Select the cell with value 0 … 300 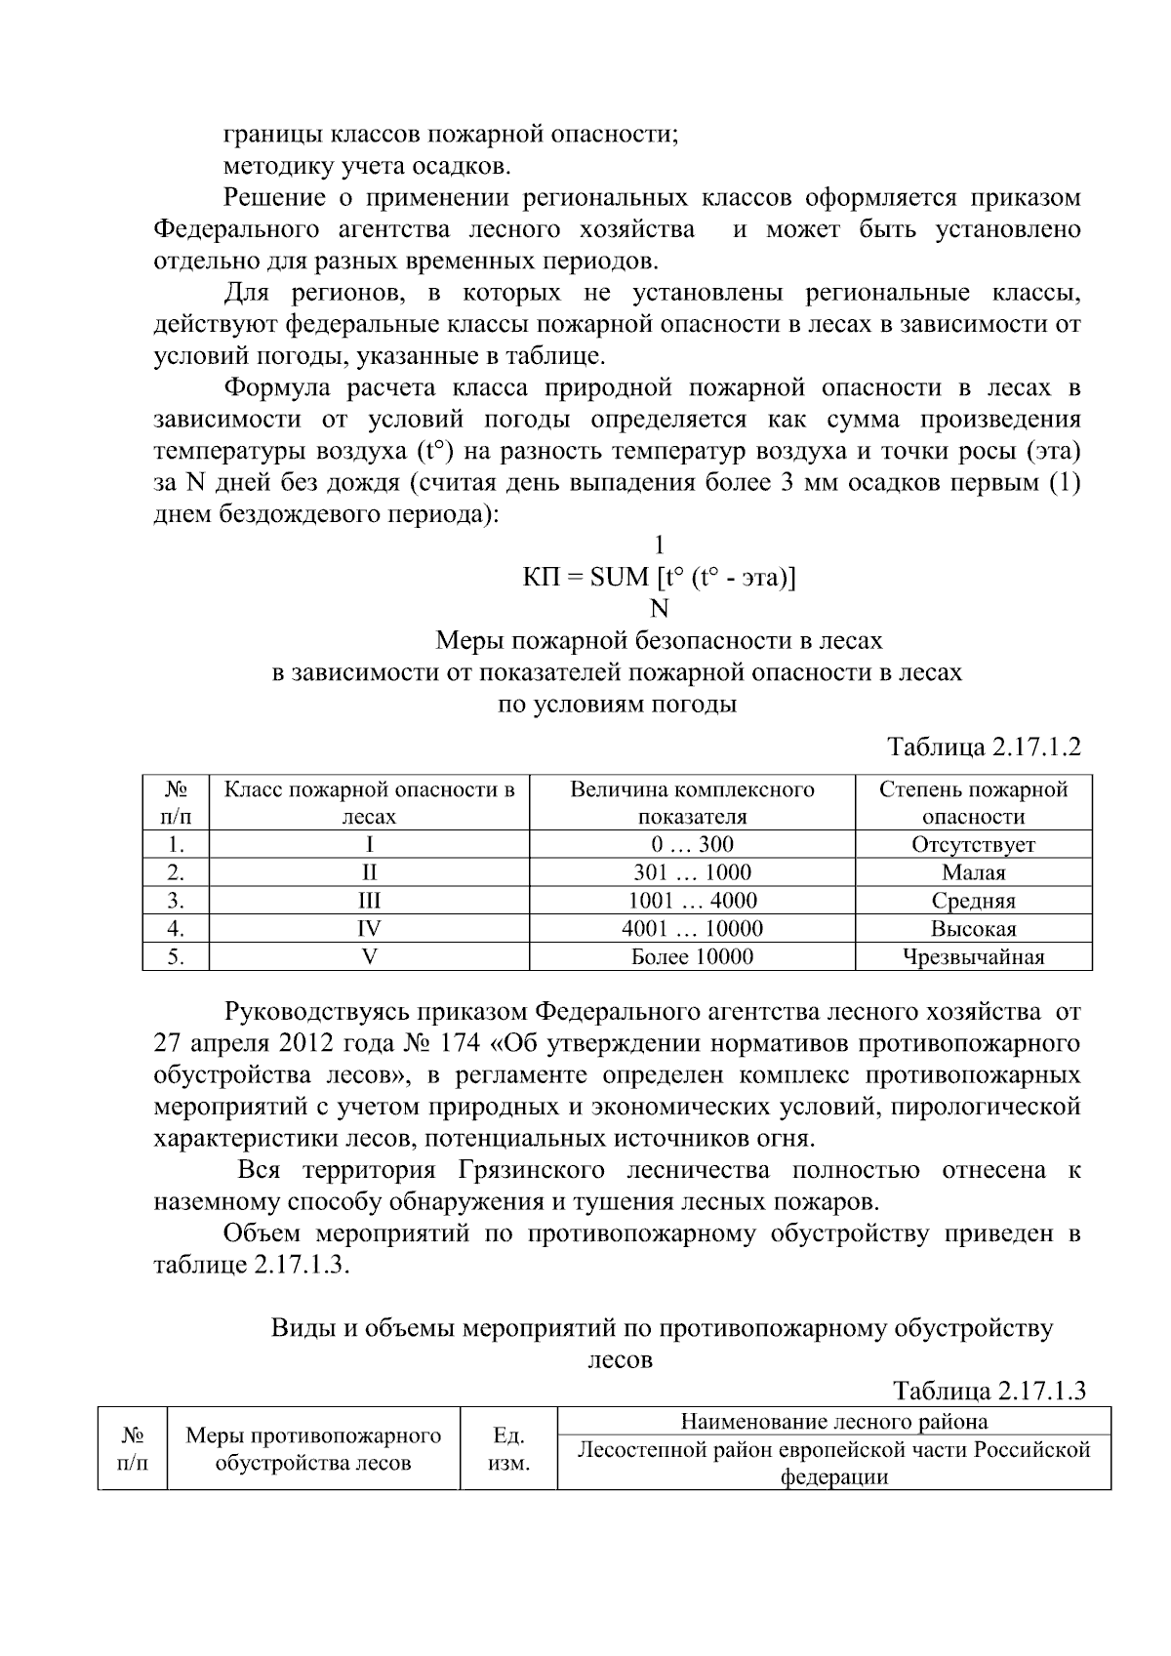pos(692,844)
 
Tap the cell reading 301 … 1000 pos(692,872)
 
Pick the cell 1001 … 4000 pos(692,901)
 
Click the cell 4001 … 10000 pos(692,929)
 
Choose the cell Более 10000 pos(692,957)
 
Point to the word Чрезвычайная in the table pos(973,957)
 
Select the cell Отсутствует pos(973,844)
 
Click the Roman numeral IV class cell pos(369,929)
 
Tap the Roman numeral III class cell pos(369,901)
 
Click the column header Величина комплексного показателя pos(692,802)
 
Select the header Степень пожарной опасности pos(973,802)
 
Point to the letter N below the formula pos(660,609)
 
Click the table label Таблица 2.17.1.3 pos(989,1391)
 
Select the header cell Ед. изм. pos(508,1449)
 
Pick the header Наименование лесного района pos(833,1422)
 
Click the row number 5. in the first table pos(176,957)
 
